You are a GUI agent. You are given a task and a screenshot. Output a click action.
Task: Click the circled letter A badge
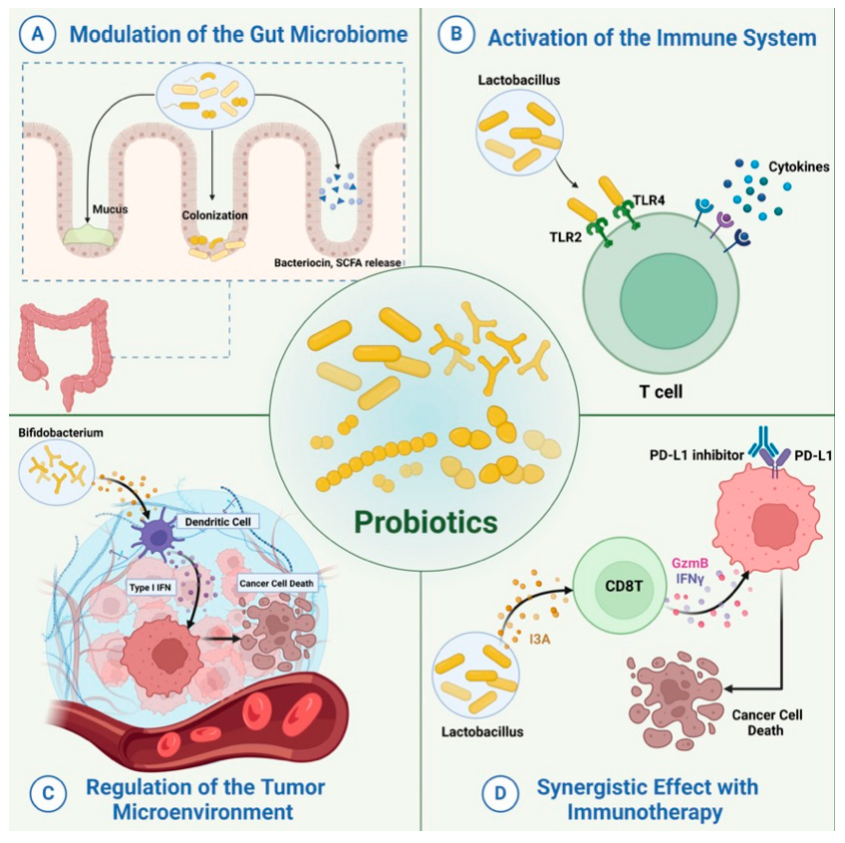click(x=37, y=36)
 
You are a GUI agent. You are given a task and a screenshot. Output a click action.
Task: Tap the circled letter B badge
click(x=456, y=36)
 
